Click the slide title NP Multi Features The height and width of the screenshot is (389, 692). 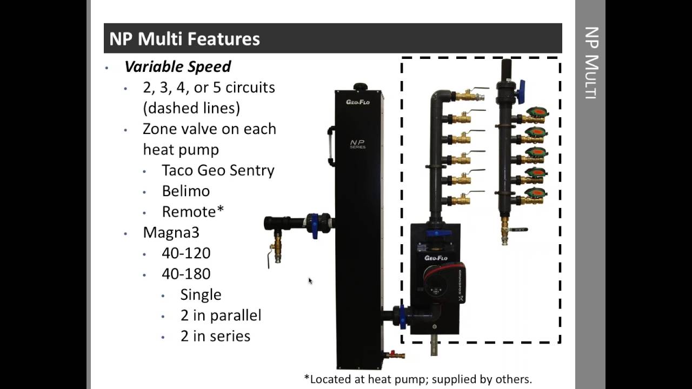pyautogui.click(x=184, y=39)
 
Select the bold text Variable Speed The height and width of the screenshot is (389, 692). pyautogui.click(x=177, y=66)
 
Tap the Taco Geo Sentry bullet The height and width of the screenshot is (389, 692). pyautogui.click(x=218, y=170)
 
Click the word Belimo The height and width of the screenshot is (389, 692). pyautogui.click(x=185, y=191)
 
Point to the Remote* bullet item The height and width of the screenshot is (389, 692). pyautogui.click(x=192, y=212)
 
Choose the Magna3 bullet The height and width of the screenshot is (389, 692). pyautogui.click(x=171, y=232)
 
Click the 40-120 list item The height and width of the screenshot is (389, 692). pyautogui.click(x=186, y=253)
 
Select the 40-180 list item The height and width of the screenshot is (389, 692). pyautogui.click(x=186, y=274)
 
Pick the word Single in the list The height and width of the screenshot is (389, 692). pyautogui.click(x=201, y=294)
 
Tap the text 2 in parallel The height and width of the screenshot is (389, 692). pyautogui.click(x=221, y=315)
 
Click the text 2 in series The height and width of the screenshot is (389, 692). pyautogui.click(x=215, y=336)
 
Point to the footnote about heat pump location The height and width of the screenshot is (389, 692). pyautogui.click(x=418, y=379)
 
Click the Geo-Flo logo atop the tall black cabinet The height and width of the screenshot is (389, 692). pyautogui.click(x=358, y=102)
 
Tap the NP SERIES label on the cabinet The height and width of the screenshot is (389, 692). pyautogui.click(x=357, y=144)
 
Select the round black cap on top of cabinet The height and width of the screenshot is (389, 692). pyautogui.click(x=360, y=87)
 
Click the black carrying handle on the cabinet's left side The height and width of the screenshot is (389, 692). pyautogui.click(x=331, y=145)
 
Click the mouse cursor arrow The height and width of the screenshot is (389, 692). pyautogui.click(x=310, y=280)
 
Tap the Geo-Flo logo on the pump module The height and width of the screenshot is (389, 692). pyautogui.click(x=435, y=258)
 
